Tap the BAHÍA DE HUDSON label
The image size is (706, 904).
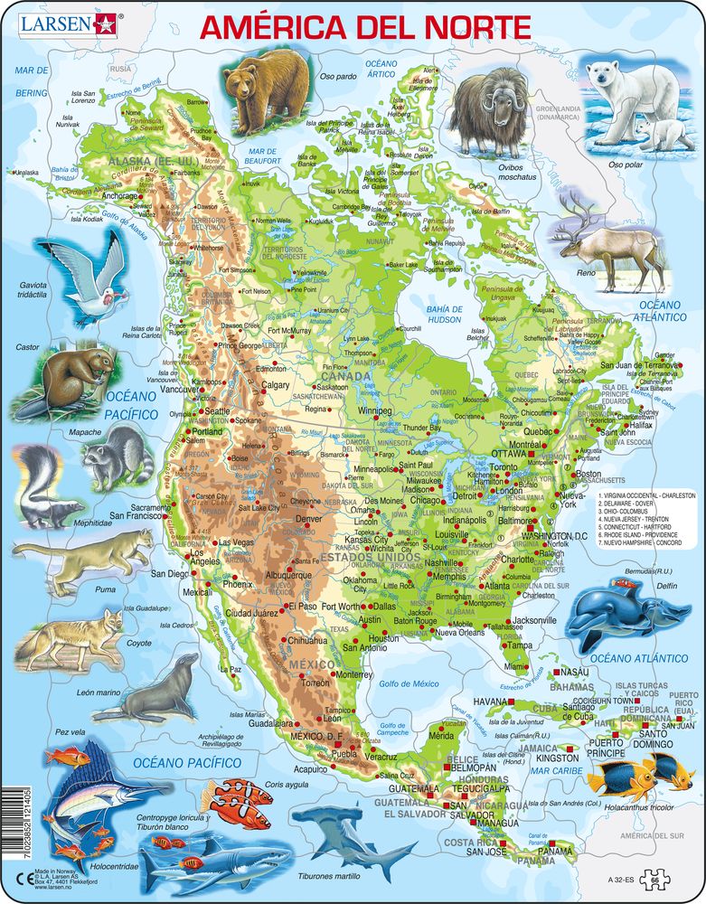[438, 313]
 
